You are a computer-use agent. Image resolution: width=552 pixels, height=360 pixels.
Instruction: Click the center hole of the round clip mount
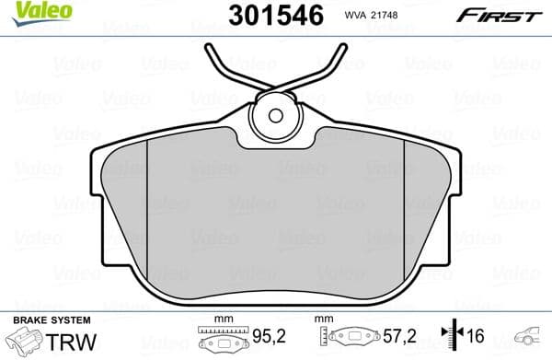(276, 115)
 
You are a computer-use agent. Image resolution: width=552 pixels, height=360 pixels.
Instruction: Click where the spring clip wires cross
(276, 89)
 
